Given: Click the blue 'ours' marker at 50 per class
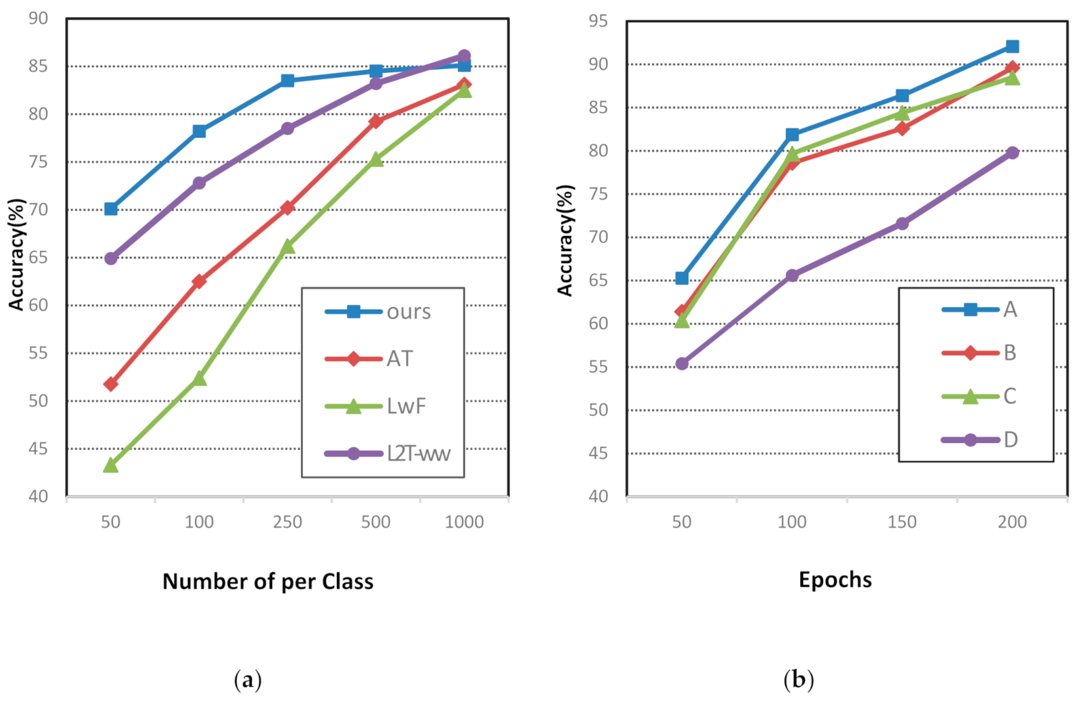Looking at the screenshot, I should (x=110, y=209).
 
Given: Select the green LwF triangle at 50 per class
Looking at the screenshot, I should (x=110, y=465).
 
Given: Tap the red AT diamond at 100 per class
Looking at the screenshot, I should (x=199, y=281).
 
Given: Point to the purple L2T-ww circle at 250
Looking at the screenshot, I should (x=287, y=128).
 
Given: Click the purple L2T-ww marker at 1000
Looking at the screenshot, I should (x=464, y=56).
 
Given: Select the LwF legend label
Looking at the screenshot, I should (x=406, y=406).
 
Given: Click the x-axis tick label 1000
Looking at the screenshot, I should (x=464, y=522).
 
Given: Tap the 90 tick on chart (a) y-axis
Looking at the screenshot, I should (x=38, y=18).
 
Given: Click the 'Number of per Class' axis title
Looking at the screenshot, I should (x=267, y=582).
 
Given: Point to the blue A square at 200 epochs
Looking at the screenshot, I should (x=1012, y=47).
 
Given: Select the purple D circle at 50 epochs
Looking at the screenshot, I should (x=681, y=364).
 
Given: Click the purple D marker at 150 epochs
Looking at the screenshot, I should (x=902, y=223).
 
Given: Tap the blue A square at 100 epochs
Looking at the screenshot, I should (x=792, y=135).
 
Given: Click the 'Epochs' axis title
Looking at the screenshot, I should (x=835, y=580).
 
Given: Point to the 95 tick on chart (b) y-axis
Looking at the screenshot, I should (x=598, y=22).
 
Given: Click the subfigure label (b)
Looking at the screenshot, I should (x=798, y=680).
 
